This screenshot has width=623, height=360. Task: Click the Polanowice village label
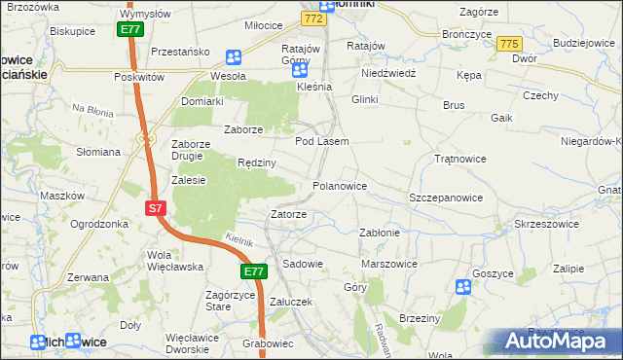pyautogui.click(x=339, y=185)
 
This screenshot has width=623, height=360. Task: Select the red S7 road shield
pyautogui.click(x=156, y=208)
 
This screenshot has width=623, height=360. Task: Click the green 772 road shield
pyautogui.click(x=312, y=18)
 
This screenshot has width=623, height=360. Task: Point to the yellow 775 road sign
pyautogui.click(x=509, y=45)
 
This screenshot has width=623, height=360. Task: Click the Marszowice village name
pyautogui.click(x=388, y=263)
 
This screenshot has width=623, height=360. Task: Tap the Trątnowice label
pyautogui.click(x=459, y=158)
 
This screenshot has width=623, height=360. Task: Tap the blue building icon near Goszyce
pyautogui.click(x=463, y=286)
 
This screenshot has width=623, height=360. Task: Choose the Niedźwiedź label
pyautogui.click(x=388, y=73)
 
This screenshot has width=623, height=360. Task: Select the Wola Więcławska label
pyautogui.click(x=174, y=260)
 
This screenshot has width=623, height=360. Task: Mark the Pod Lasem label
pyautogui.click(x=321, y=141)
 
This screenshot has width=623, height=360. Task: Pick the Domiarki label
pyautogui.click(x=202, y=100)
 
